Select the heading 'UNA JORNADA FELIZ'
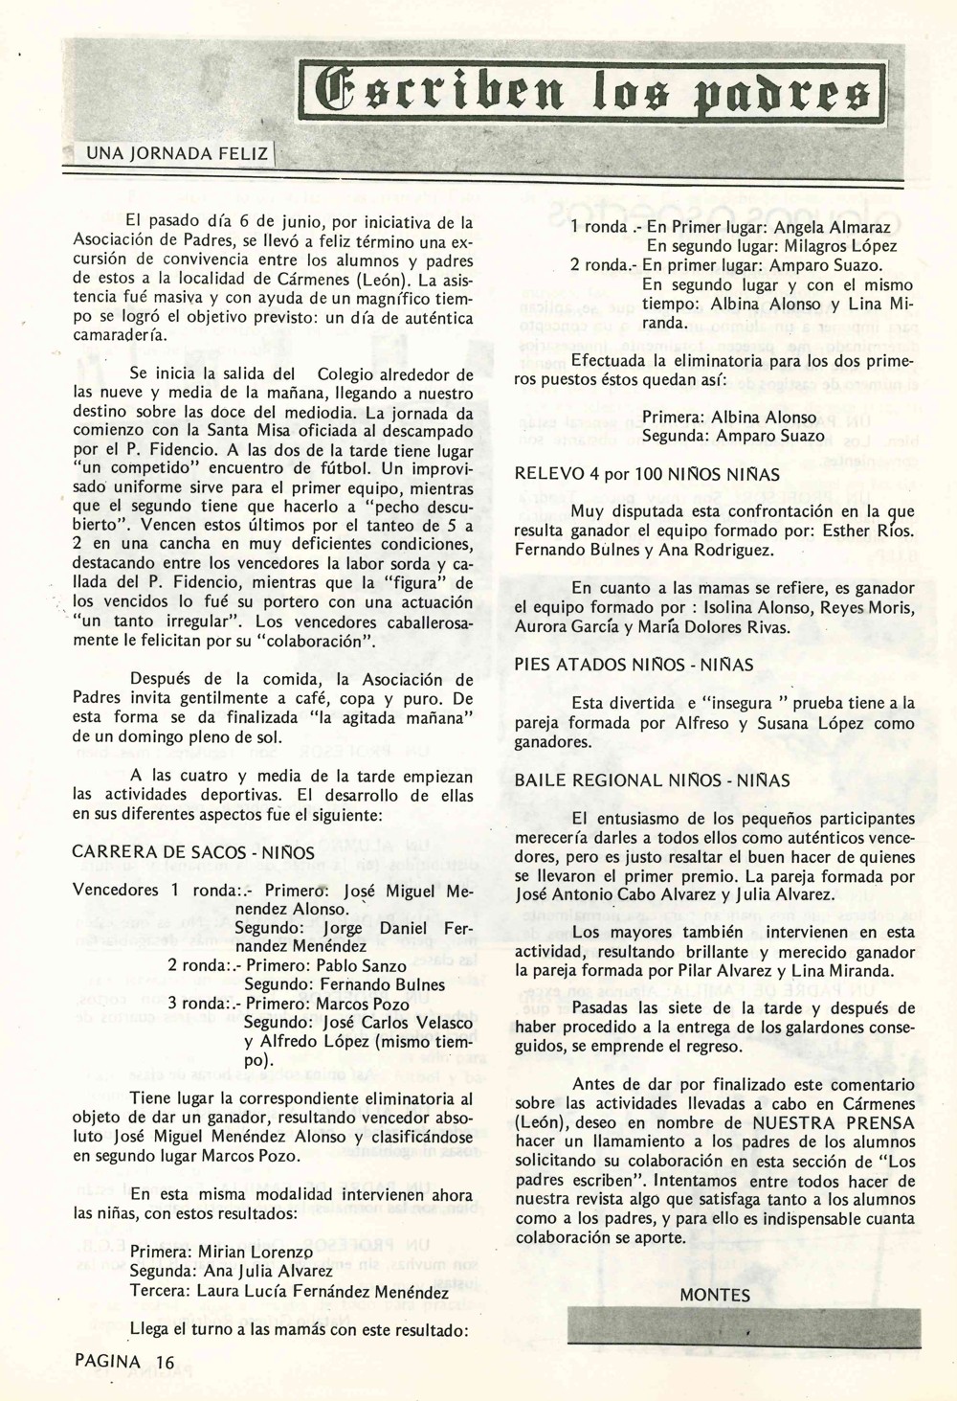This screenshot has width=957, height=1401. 177,153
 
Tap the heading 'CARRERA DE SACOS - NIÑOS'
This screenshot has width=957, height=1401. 193,851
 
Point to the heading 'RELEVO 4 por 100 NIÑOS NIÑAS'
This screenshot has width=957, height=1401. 647,474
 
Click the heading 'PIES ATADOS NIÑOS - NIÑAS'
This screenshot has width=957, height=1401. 634,665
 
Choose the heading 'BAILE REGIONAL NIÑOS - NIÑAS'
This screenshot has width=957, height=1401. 652,780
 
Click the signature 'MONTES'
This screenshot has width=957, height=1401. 715,1295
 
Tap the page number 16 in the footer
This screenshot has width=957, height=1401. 165,1361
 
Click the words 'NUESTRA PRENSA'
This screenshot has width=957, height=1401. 834,1122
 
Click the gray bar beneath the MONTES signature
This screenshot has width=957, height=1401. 743,1329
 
